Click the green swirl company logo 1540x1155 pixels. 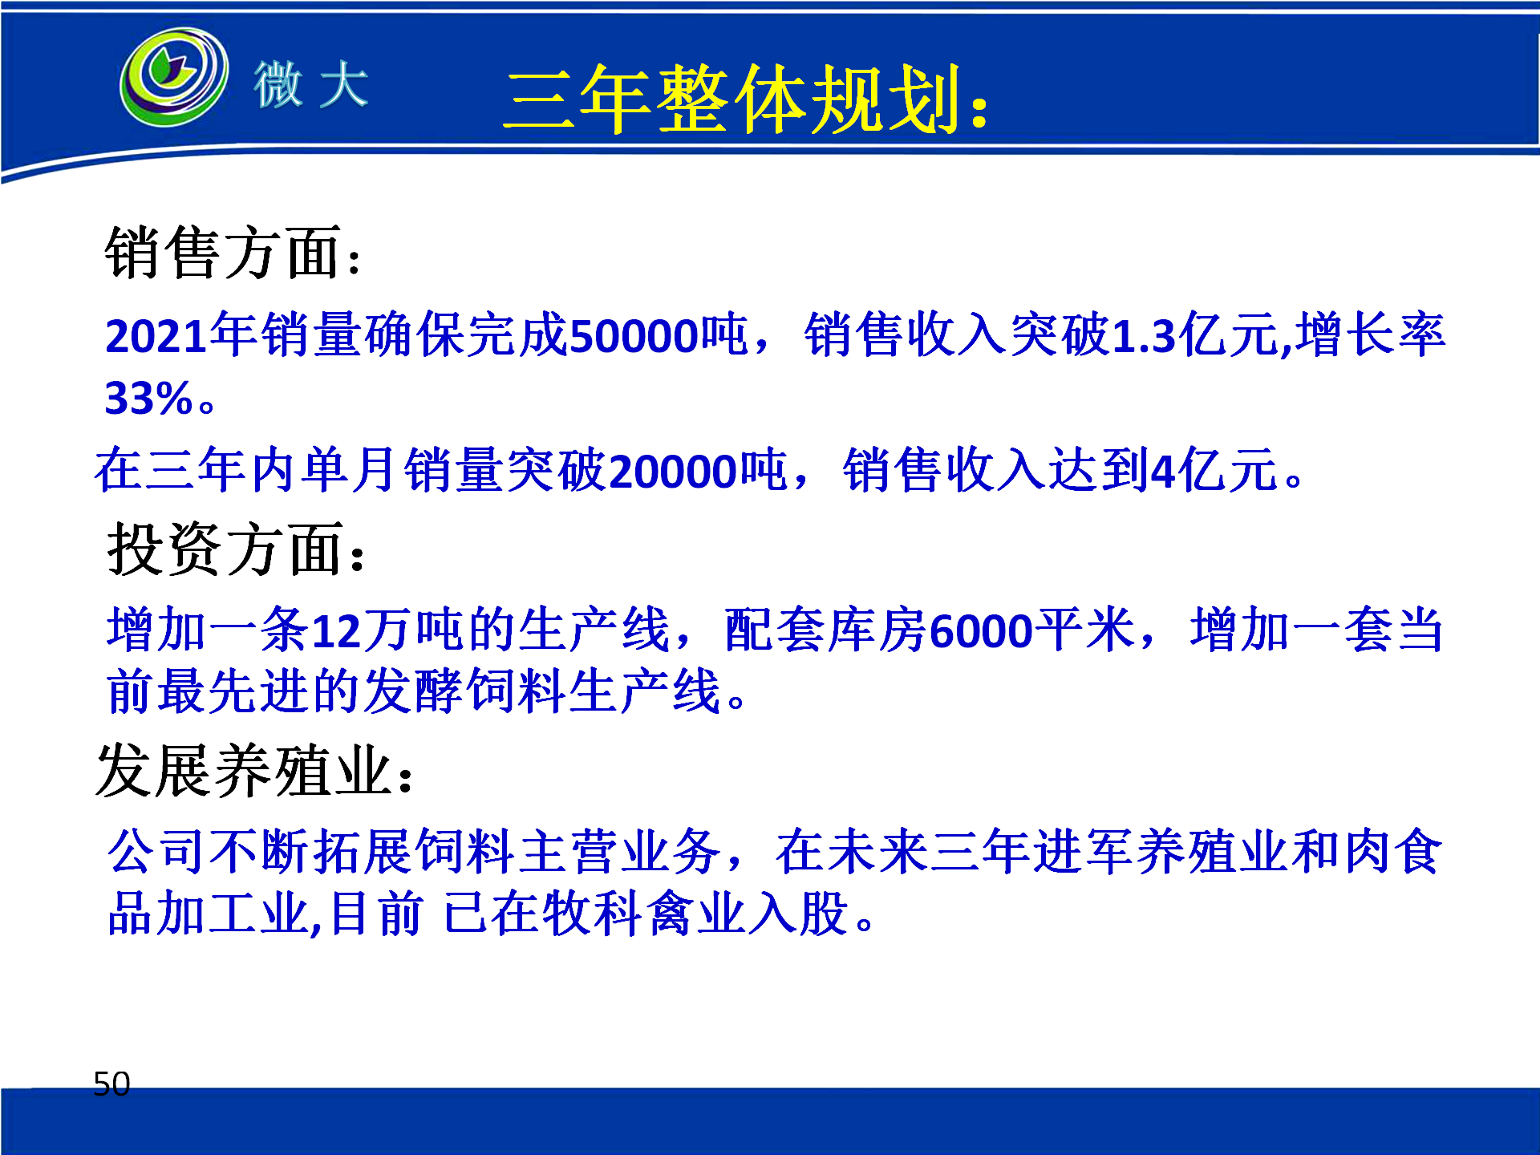click(x=174, y=77)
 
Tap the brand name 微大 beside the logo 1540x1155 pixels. click(x=311, y=84)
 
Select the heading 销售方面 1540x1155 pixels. click(x=224, y=253)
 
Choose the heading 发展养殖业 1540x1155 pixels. click(x=244, y=770)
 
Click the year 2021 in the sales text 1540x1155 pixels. click(x=156, y=336)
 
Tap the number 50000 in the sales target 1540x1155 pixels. click(x=634, y=336)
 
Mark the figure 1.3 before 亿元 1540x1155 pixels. click(x=1145, y=336)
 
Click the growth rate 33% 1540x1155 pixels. click(x=149, y=399)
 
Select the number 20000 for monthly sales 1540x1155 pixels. click(x=673, y=471)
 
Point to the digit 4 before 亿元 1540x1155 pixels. click(x=1163, y=471)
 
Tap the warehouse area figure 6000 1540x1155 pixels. click(x=982, y=631)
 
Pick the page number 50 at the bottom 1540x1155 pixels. click(x=111, y=1084)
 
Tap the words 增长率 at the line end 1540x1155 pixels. click(x=1370, y=334)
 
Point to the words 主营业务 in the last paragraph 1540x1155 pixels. click(x=620, y=851)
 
